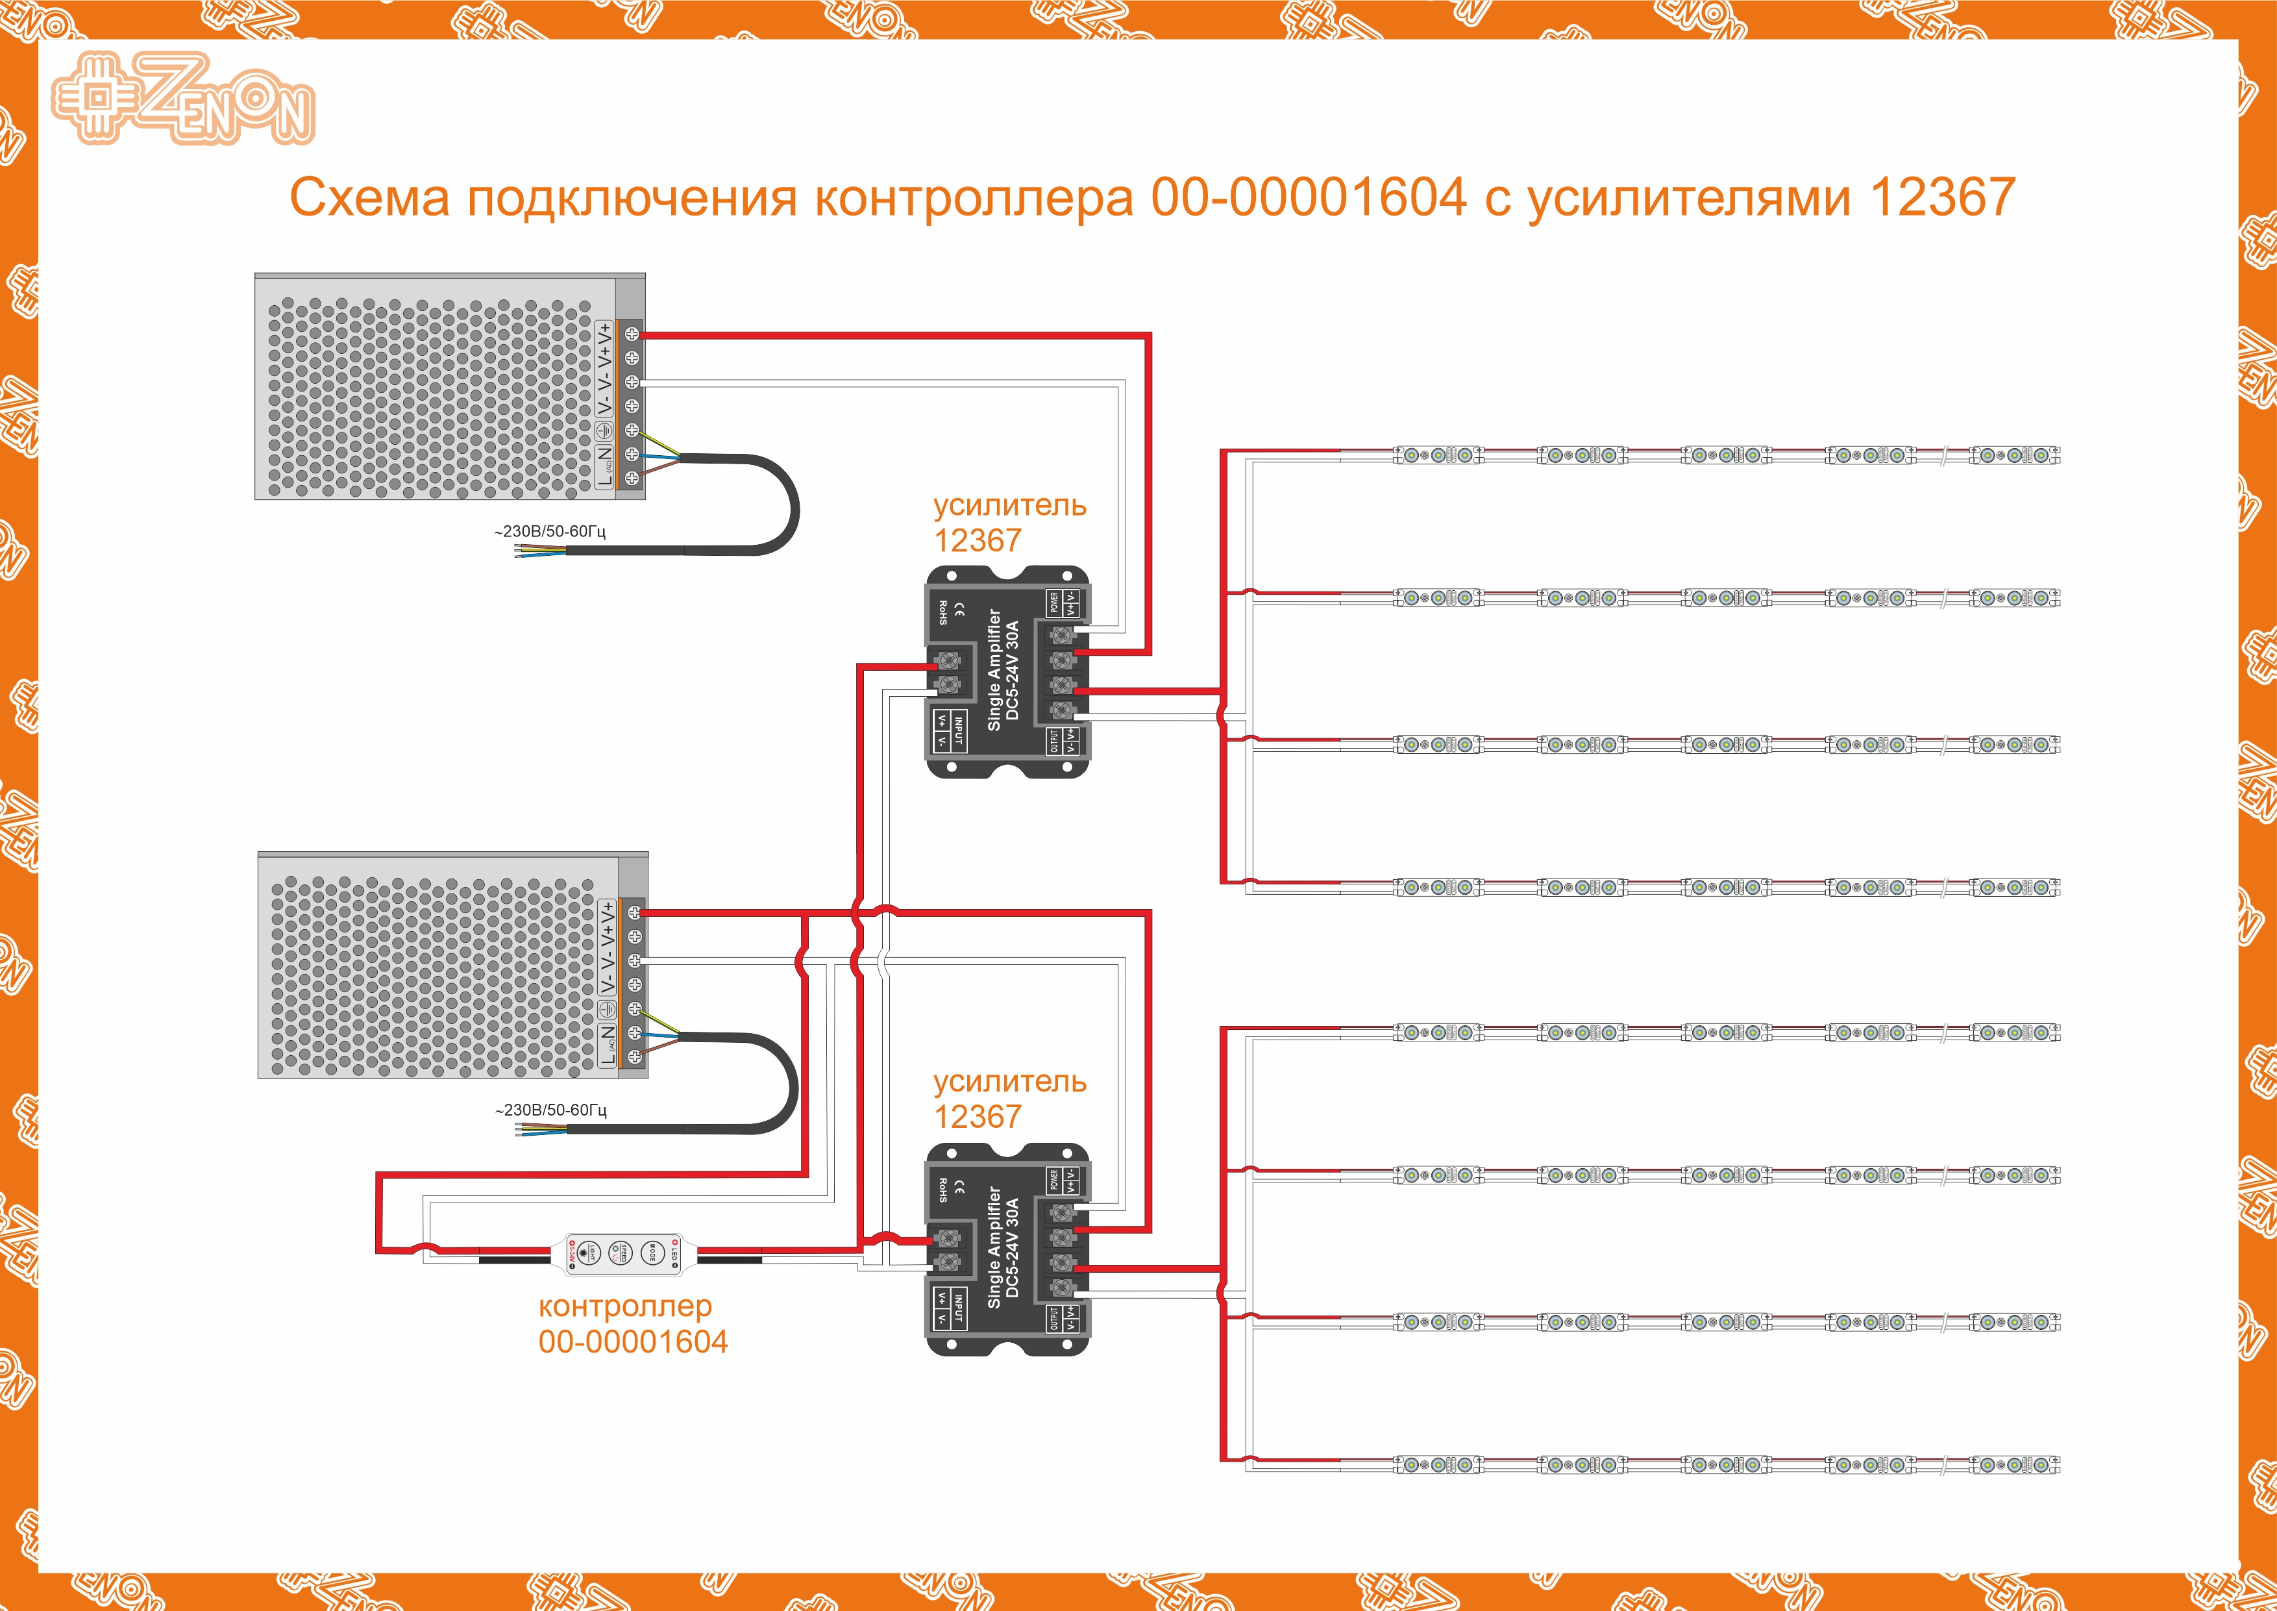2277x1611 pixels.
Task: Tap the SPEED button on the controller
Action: (620, 1253)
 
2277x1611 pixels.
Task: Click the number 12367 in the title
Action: (1942, 197)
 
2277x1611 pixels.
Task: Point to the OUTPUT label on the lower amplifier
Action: (1053, 1318)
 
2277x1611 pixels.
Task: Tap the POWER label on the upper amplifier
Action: (1053, 602)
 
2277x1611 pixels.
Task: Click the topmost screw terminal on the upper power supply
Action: (632, 334)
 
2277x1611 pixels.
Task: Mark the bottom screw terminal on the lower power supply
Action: (635, 1058)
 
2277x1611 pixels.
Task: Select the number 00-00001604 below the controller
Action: (633, 1342)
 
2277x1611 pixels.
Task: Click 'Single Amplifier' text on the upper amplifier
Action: (994, 669)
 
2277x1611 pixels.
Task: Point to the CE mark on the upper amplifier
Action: (959, 606)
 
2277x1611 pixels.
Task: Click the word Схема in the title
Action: (369, 197)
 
